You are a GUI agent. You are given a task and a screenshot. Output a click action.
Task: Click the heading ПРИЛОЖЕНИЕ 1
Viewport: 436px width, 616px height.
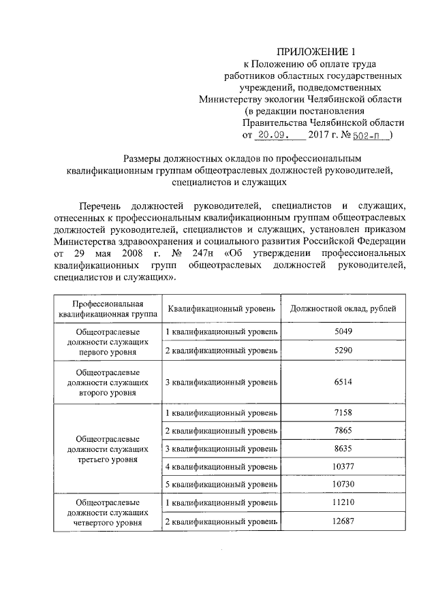[316, 52]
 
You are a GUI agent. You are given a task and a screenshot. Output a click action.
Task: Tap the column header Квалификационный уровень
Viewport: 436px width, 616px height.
[221, 308]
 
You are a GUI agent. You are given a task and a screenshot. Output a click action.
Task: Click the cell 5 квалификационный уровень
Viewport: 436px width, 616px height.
[221, 484]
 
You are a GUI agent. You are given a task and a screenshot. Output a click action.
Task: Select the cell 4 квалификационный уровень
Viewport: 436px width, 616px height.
[221, 466]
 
